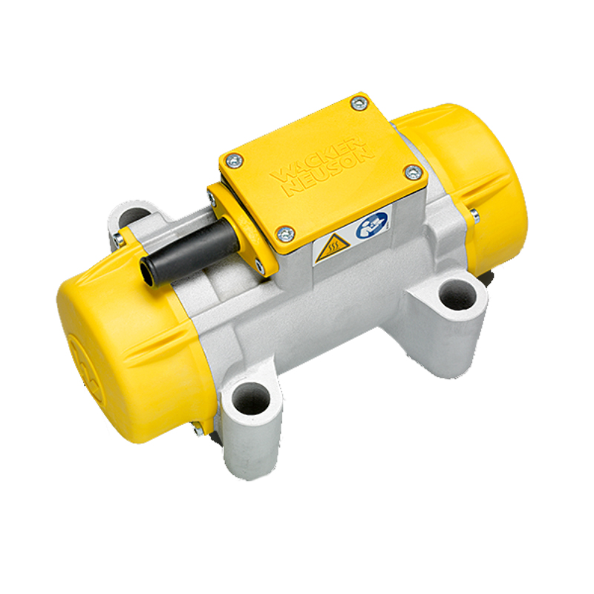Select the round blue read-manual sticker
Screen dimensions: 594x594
[371, 225]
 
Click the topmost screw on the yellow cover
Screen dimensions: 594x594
[359, 103]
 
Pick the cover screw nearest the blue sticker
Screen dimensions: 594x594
[414, 172]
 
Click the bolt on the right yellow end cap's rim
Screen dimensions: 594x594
[474, 215]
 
